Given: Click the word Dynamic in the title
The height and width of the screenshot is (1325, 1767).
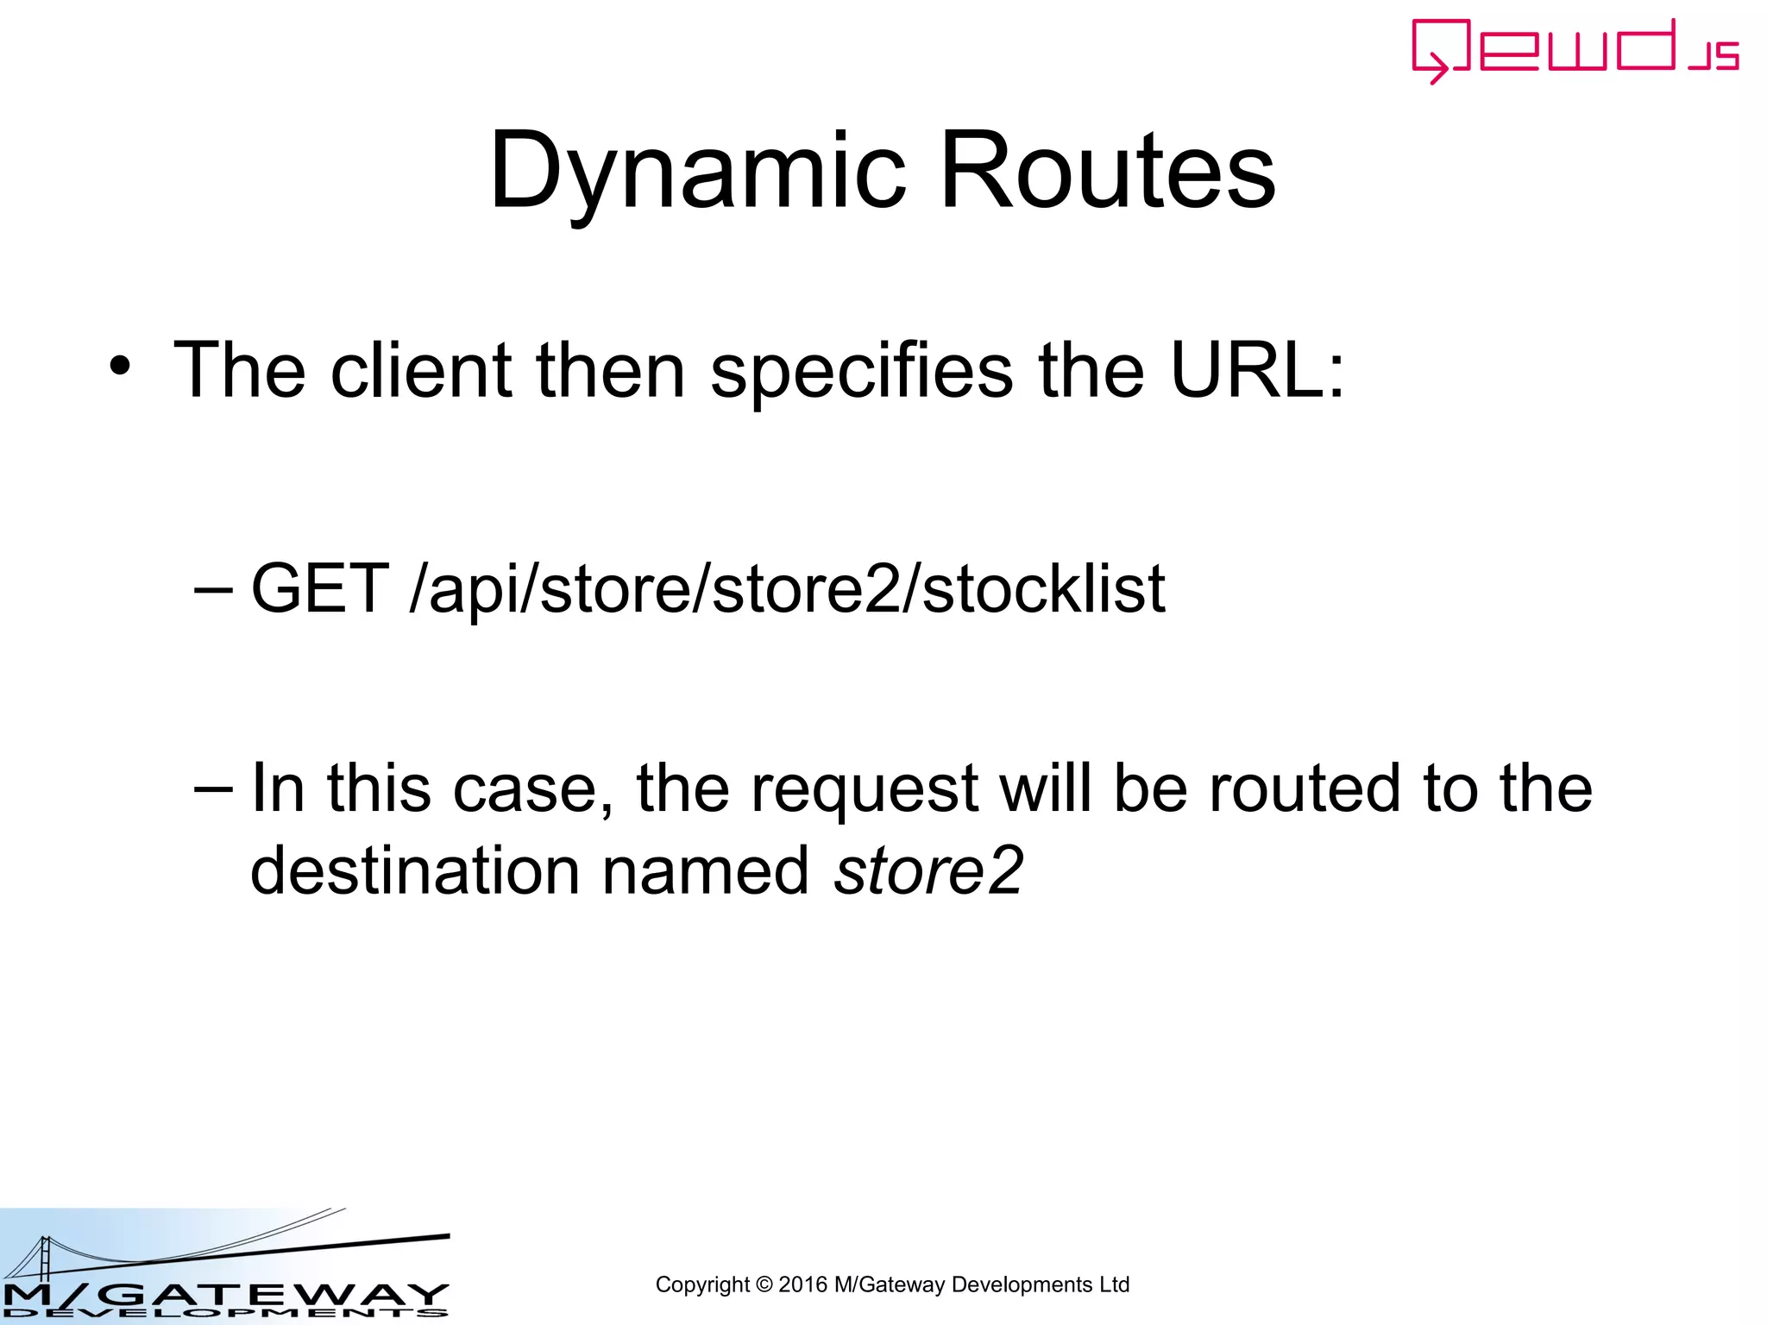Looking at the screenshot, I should [697, 171].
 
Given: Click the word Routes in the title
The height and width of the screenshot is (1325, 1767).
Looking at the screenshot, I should [1107, 171].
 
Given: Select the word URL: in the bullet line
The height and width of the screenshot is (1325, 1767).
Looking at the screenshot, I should [1256, 370].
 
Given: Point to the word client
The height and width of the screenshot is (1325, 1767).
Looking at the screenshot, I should [422, 370].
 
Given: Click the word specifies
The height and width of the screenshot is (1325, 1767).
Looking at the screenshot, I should [861, 372].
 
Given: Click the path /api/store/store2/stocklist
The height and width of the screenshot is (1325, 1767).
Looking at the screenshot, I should [788, 590].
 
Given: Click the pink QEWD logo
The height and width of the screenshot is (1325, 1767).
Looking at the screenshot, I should [1553, 48].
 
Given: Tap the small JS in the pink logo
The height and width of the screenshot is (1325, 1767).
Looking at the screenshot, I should [1714, 57].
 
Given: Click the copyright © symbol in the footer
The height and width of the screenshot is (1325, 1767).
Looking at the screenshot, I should [764, 1284].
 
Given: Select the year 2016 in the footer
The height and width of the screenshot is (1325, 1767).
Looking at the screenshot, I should [802, 1284].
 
